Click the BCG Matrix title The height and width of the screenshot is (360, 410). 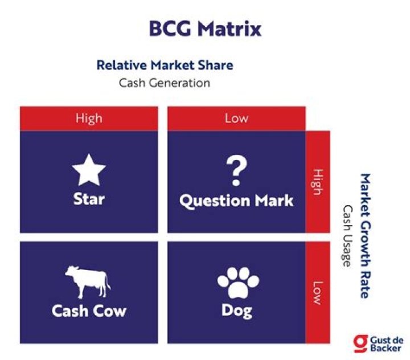(205, 28)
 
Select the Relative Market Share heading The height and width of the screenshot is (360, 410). (165, 65)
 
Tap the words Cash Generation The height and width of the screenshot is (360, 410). (165, 83)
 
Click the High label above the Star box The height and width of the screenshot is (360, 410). (89, 118)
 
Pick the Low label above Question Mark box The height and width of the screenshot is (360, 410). (236, 118)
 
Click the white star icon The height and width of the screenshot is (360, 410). (89, 170)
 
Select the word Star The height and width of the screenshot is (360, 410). (89, 199)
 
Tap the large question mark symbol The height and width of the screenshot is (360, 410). (236, 170)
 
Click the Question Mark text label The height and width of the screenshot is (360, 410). (236, 201)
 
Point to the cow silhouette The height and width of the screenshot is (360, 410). (88, 282)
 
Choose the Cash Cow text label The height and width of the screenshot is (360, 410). (89, 311)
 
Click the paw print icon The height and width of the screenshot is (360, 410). (238, 283)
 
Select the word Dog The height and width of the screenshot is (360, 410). (237, 312)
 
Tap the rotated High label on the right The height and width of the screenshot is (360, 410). (318, 182)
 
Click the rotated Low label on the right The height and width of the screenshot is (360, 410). (318, 293)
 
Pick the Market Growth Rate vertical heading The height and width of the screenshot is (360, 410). (365, 235)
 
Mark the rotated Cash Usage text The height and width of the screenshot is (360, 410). (348, 235)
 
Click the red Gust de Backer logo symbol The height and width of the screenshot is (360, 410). (360, 343)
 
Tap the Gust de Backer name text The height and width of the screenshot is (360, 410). (387, 344)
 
